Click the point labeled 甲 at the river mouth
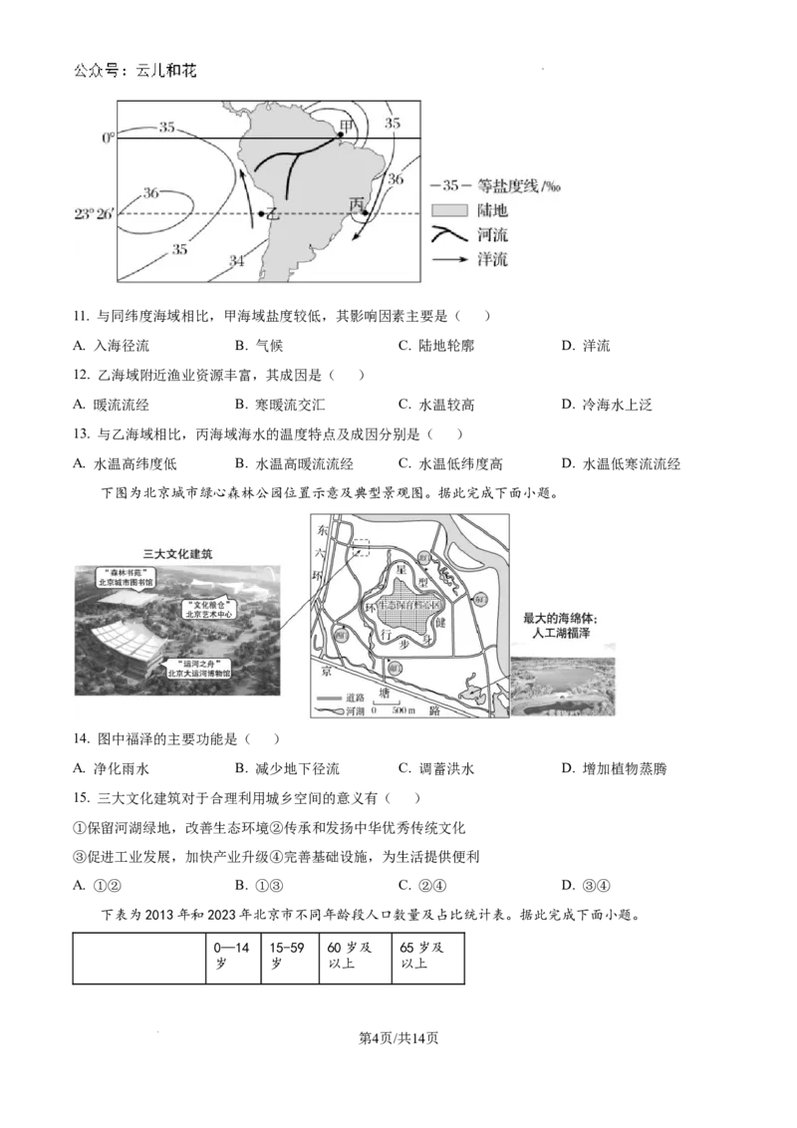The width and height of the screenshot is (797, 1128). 341,135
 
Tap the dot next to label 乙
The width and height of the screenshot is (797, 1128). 261,214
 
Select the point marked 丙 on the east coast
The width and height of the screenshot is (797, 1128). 366,212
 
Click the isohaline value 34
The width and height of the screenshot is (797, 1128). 237,261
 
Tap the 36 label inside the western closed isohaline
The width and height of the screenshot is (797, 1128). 151,192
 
